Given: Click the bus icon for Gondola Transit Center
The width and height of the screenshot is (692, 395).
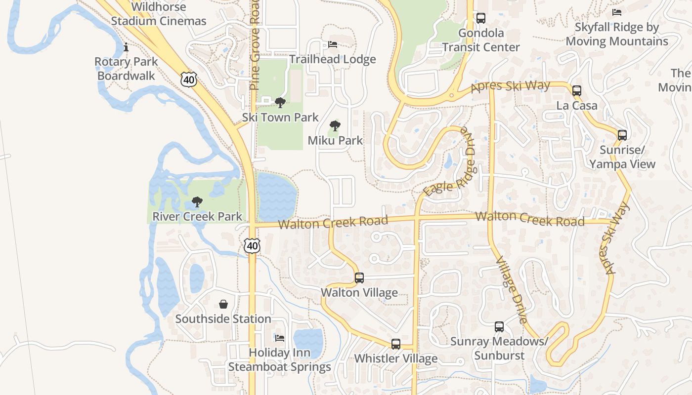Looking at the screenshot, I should coord(480,18).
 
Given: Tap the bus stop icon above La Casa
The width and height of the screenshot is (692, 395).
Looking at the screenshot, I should coord(576,91).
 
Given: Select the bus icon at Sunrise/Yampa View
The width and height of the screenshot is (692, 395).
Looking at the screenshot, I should coord(622,135).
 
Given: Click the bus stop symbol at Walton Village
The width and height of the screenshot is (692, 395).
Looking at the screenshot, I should coord(359,278).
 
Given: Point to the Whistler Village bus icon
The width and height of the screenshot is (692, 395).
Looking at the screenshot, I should coord(395,344).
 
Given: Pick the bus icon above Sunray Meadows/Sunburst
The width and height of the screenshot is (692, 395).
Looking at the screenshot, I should coord(499,326).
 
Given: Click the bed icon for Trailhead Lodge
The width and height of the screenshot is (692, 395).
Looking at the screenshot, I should coord(333,44).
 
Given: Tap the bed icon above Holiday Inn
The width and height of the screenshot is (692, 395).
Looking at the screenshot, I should coord(280,338).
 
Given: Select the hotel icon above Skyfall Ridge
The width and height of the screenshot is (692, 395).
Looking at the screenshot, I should coord(616,12).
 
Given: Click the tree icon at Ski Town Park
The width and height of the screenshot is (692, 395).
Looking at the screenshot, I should coord(280,103).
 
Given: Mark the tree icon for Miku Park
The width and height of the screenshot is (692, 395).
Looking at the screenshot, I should coord(335,125).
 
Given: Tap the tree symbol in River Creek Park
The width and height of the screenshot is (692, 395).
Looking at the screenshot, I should coord(197,201).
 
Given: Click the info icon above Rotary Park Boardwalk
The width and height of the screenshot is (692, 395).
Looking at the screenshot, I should coord(126,47).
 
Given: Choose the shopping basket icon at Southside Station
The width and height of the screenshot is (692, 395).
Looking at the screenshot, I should coord(223,304).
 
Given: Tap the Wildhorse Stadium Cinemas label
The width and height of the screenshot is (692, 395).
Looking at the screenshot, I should coord(159,14).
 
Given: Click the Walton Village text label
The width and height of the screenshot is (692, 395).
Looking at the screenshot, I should coord(359,293).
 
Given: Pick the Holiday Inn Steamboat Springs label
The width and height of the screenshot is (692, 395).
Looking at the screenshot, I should coord(279,360).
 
